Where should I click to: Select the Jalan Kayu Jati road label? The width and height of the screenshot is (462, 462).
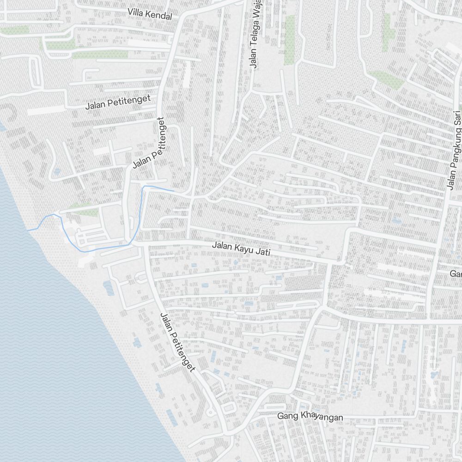tap(241, 249)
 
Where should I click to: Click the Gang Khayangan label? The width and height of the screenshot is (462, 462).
tap(310, 417)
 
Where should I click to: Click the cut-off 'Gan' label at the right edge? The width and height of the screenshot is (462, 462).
tap(456, 274)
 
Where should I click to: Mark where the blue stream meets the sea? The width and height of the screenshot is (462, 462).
tap(29, 230)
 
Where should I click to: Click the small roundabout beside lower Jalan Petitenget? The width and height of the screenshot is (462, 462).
tap(211, 411)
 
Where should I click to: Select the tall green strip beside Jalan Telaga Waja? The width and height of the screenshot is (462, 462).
tap(290, 39)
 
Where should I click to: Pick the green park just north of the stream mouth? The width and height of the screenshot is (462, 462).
tap(83, 210)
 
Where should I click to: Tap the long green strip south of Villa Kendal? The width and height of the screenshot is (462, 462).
tap(99, 55)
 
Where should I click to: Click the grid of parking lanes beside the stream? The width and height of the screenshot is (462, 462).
tap(91, 238)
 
